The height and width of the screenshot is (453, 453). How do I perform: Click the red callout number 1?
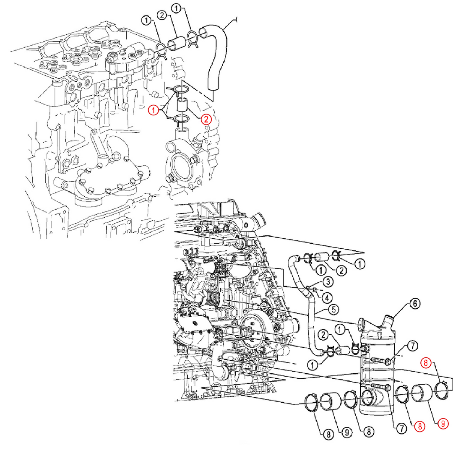pyautogui.click(x=154, y=110)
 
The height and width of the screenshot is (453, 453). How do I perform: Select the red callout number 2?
pyautogui.click(x=206, y=119)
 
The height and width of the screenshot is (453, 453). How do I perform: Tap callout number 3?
pyautogui.click(x=327, y=282)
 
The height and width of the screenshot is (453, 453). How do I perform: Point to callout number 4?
pyautogui.click(x=327, y=297)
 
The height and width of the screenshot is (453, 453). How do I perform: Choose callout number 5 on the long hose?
pyautogui.click(x=333, y=310)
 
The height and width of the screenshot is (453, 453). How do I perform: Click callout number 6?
pyautogui.click(x=415, y=304)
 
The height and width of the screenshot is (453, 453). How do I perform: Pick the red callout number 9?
pyautogui.click(x=443, y=424)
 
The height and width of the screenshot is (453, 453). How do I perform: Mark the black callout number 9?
pyautogui.click(x=347, y=432)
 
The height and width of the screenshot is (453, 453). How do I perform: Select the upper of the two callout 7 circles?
pyautogui.click(x=413, y=346)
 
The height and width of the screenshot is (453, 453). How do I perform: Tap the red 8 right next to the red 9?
pyautogui.click(x=419, y=426)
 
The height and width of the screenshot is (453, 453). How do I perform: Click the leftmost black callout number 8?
pyautogui.click(x=328, y=434)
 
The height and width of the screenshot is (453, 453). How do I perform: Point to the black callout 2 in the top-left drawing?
pyautogui.click(x=162, y=15)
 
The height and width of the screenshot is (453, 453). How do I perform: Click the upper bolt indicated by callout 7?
pyautogui.click(x=380, y=360)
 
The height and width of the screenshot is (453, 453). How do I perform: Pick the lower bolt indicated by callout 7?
pyautogui.click(x=380, y=386)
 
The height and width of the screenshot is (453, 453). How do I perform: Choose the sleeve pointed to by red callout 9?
pyautogui.click(x=422, y=393)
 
